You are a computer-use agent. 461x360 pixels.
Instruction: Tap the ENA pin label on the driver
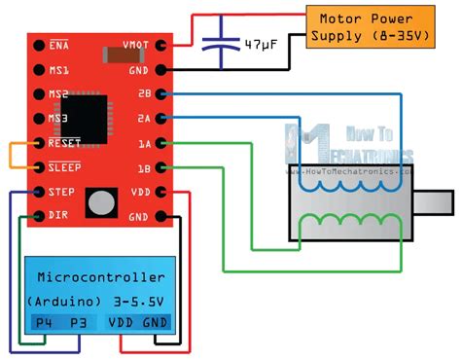point(58,45)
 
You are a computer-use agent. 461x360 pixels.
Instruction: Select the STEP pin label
point(61,192)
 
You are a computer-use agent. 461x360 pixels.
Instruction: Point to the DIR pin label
point(58,215)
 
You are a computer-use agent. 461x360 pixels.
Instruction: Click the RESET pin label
point(64,143)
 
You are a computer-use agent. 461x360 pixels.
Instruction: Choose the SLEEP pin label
point(64,167)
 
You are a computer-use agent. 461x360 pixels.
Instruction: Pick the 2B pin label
point(144,94)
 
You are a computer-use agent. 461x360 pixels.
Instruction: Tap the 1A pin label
point(144,143)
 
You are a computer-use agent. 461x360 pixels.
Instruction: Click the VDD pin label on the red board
point(140,192)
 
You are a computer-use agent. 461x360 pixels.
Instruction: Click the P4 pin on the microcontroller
point(43,323)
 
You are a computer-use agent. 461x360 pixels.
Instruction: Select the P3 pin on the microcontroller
point(79,323)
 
